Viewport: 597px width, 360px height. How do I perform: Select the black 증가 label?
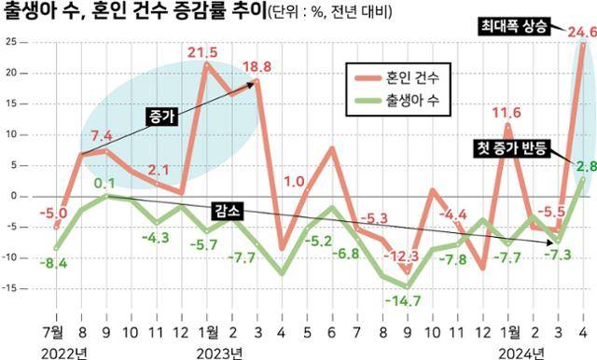coord(162,116)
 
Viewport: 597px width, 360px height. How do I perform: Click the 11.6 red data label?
coord(507,114)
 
